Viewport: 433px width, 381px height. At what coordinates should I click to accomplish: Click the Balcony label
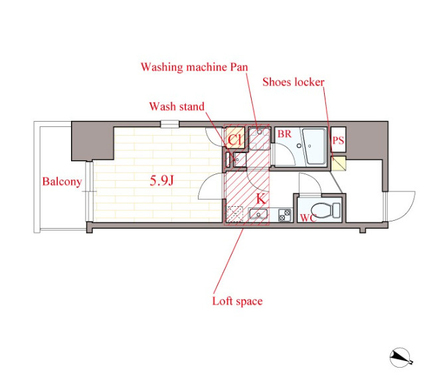coord(62,182)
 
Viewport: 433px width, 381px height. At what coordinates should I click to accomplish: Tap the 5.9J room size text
coord(161,181)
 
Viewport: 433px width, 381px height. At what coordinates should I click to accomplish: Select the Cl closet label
coord(234,140)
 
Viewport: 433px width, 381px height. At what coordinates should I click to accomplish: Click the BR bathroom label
coord(284,134)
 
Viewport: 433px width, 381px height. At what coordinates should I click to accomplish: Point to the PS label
coord(338,140)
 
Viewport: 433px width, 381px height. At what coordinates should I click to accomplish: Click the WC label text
coord(308,218)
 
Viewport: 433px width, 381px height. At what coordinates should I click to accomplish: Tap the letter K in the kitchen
coord(261,199)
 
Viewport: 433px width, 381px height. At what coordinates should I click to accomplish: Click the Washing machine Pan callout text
coord(195,67)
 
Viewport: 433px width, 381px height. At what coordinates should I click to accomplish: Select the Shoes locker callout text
coord(294,82)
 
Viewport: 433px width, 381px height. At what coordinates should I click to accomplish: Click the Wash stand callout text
coord(177,106)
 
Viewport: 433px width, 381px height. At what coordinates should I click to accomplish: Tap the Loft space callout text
coord(237,301)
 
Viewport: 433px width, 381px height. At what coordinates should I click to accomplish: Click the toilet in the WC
coord(326,210)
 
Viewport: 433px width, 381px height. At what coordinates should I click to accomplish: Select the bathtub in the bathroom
coord(314,146)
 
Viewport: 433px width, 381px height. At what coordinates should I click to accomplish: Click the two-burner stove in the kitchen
coord(285,215)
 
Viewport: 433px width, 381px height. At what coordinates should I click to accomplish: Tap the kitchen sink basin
coord(258,214)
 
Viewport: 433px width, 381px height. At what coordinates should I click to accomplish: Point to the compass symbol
coord(400,358)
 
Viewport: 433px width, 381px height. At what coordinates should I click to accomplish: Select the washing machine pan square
coord(259,138)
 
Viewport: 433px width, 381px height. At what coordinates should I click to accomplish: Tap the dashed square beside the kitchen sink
coord(234,214)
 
